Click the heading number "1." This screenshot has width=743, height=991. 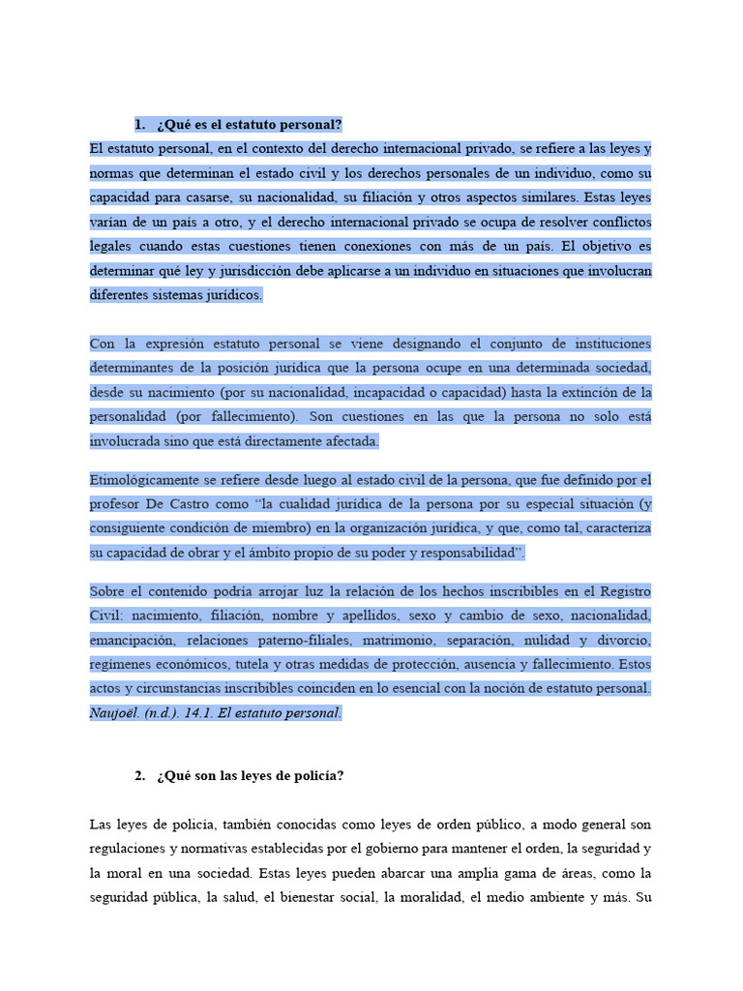point(139,124)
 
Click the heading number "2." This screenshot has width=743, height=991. point(139,776)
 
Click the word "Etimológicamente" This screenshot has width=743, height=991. point(143,480)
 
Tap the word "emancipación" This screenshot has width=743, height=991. point(133,640)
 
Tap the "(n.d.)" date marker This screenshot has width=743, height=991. point(163,713)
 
